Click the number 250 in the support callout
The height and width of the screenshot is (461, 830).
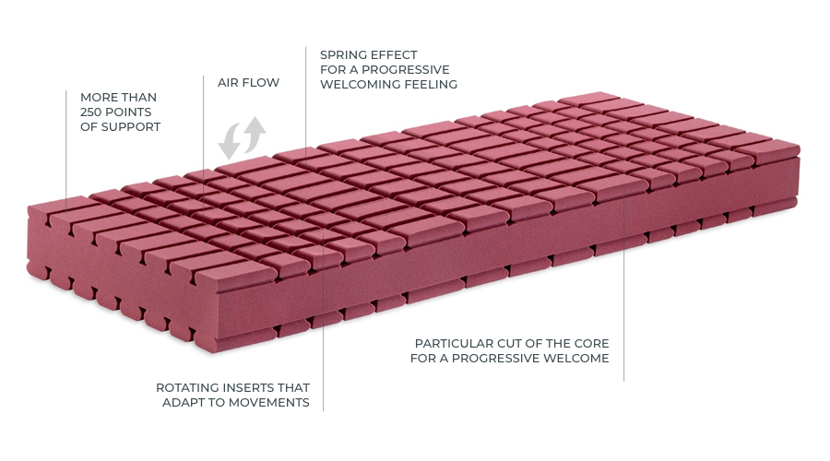point(90,112)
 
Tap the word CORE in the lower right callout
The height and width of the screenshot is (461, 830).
point(592,344)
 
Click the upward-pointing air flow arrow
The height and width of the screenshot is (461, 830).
point(255,134)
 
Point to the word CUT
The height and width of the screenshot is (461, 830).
point(510,344)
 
